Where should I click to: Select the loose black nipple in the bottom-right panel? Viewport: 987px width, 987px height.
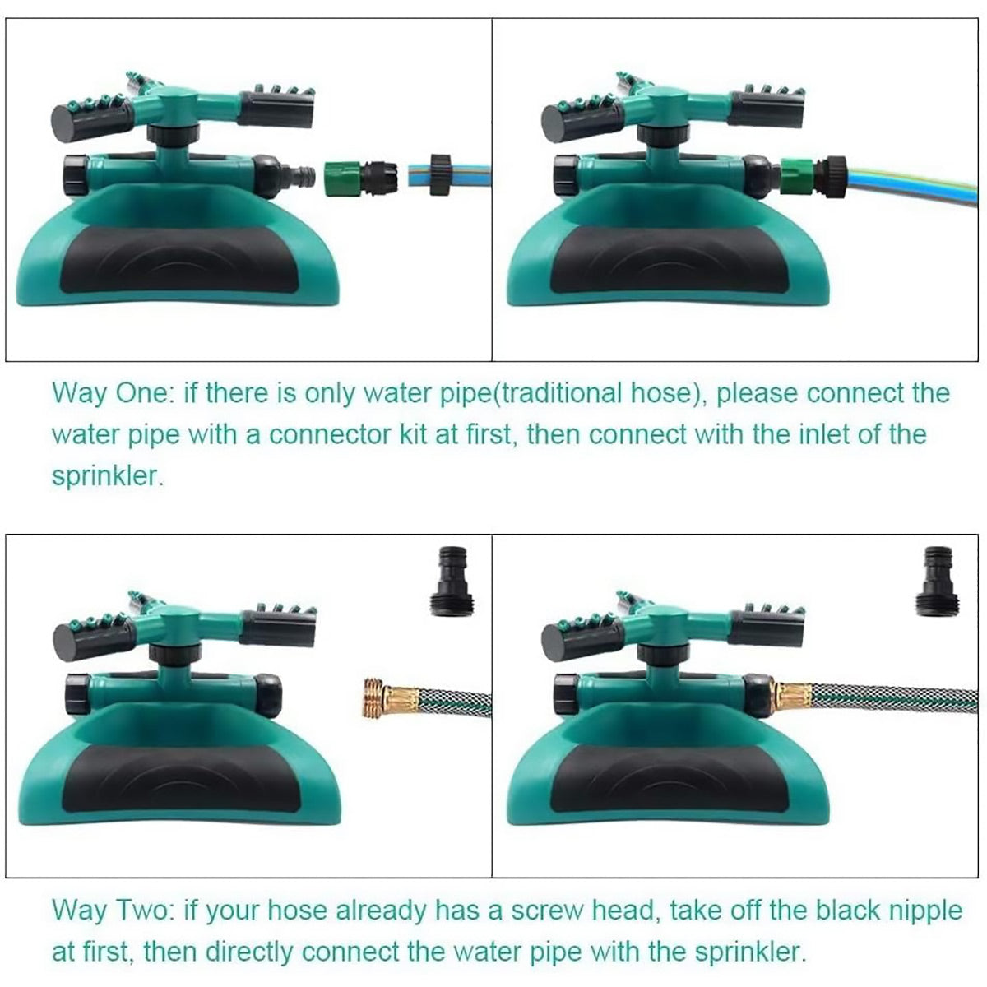[x=939, y=580]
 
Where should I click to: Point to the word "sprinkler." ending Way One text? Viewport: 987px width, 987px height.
[x=108, y=477]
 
